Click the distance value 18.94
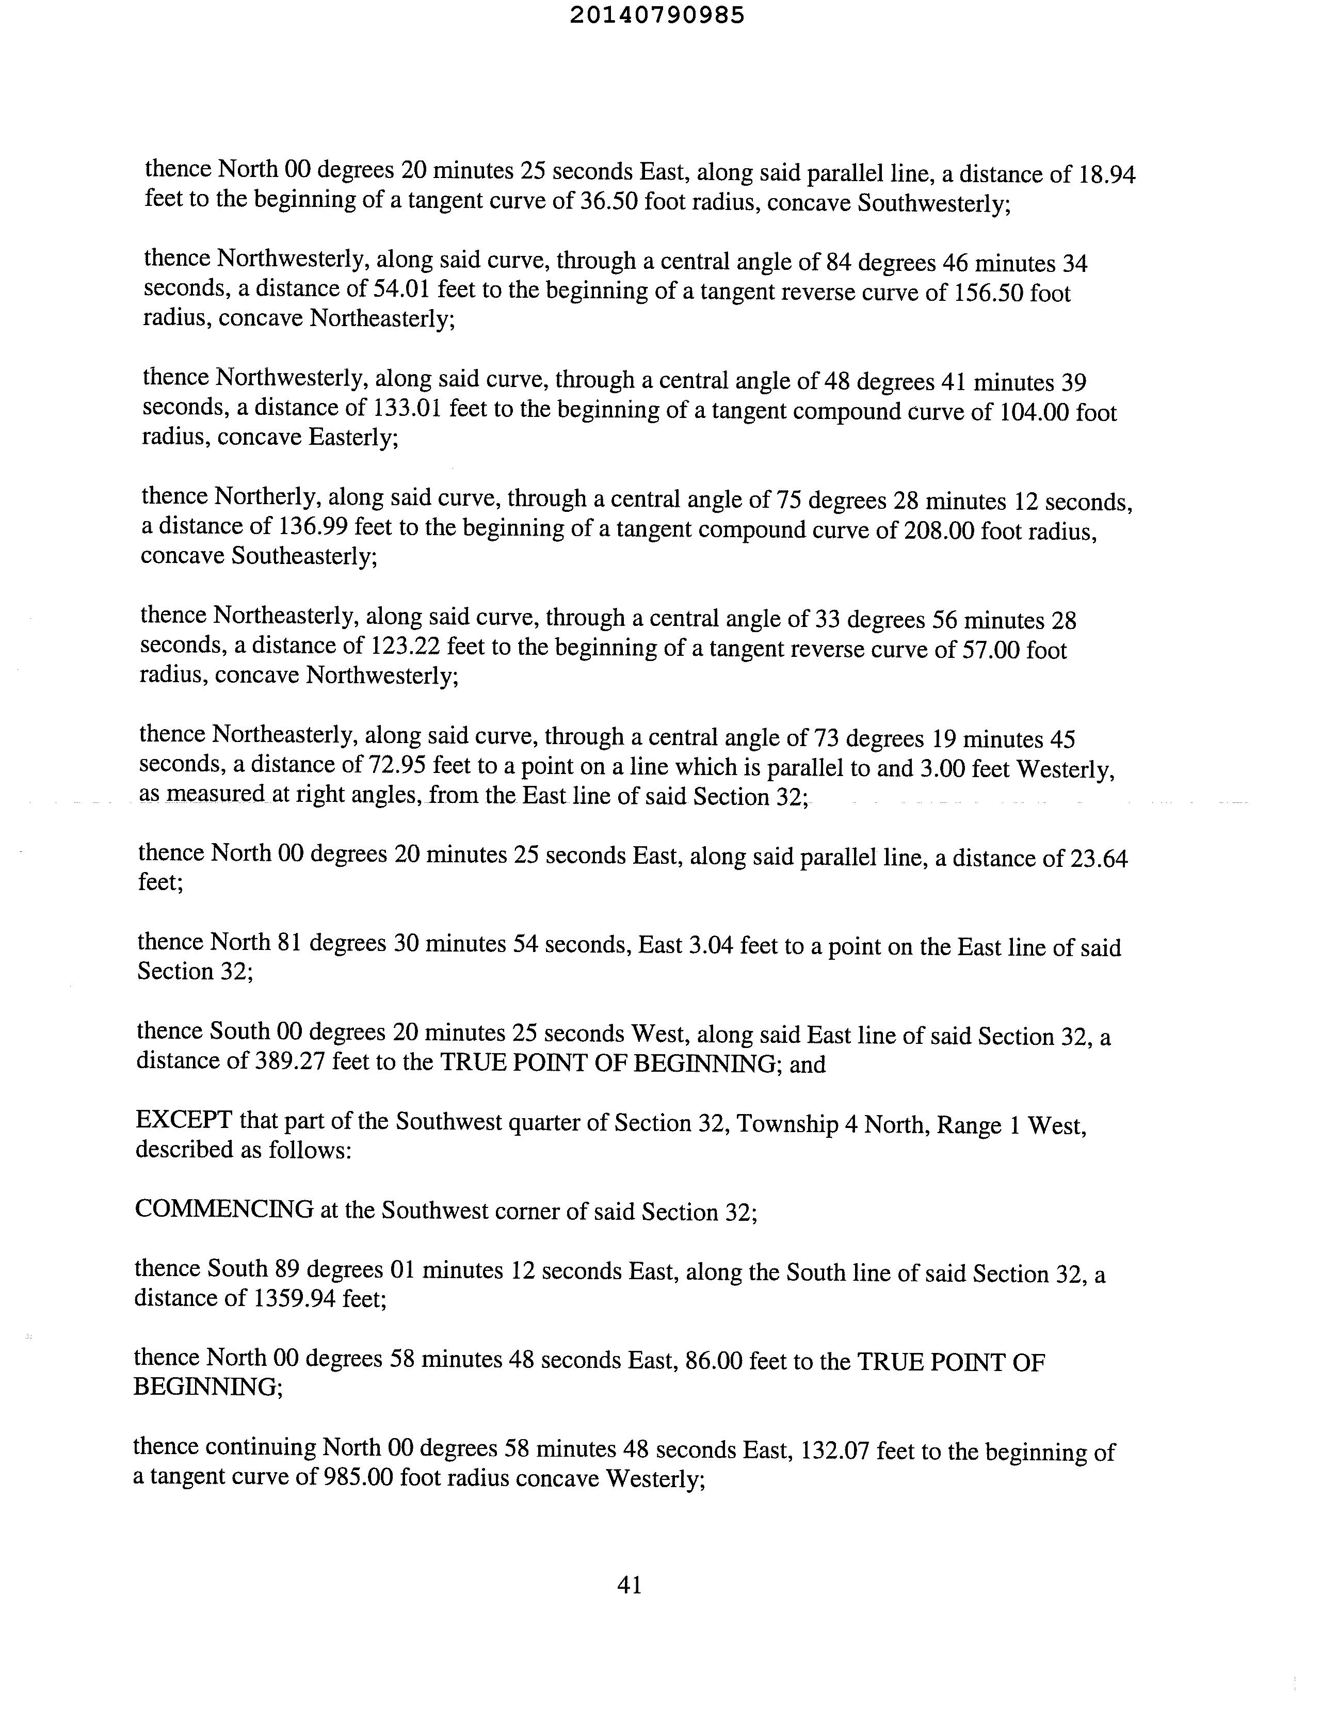pos(1106,174)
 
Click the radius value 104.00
pos(1035,412)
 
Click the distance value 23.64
pos(1099,859)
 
